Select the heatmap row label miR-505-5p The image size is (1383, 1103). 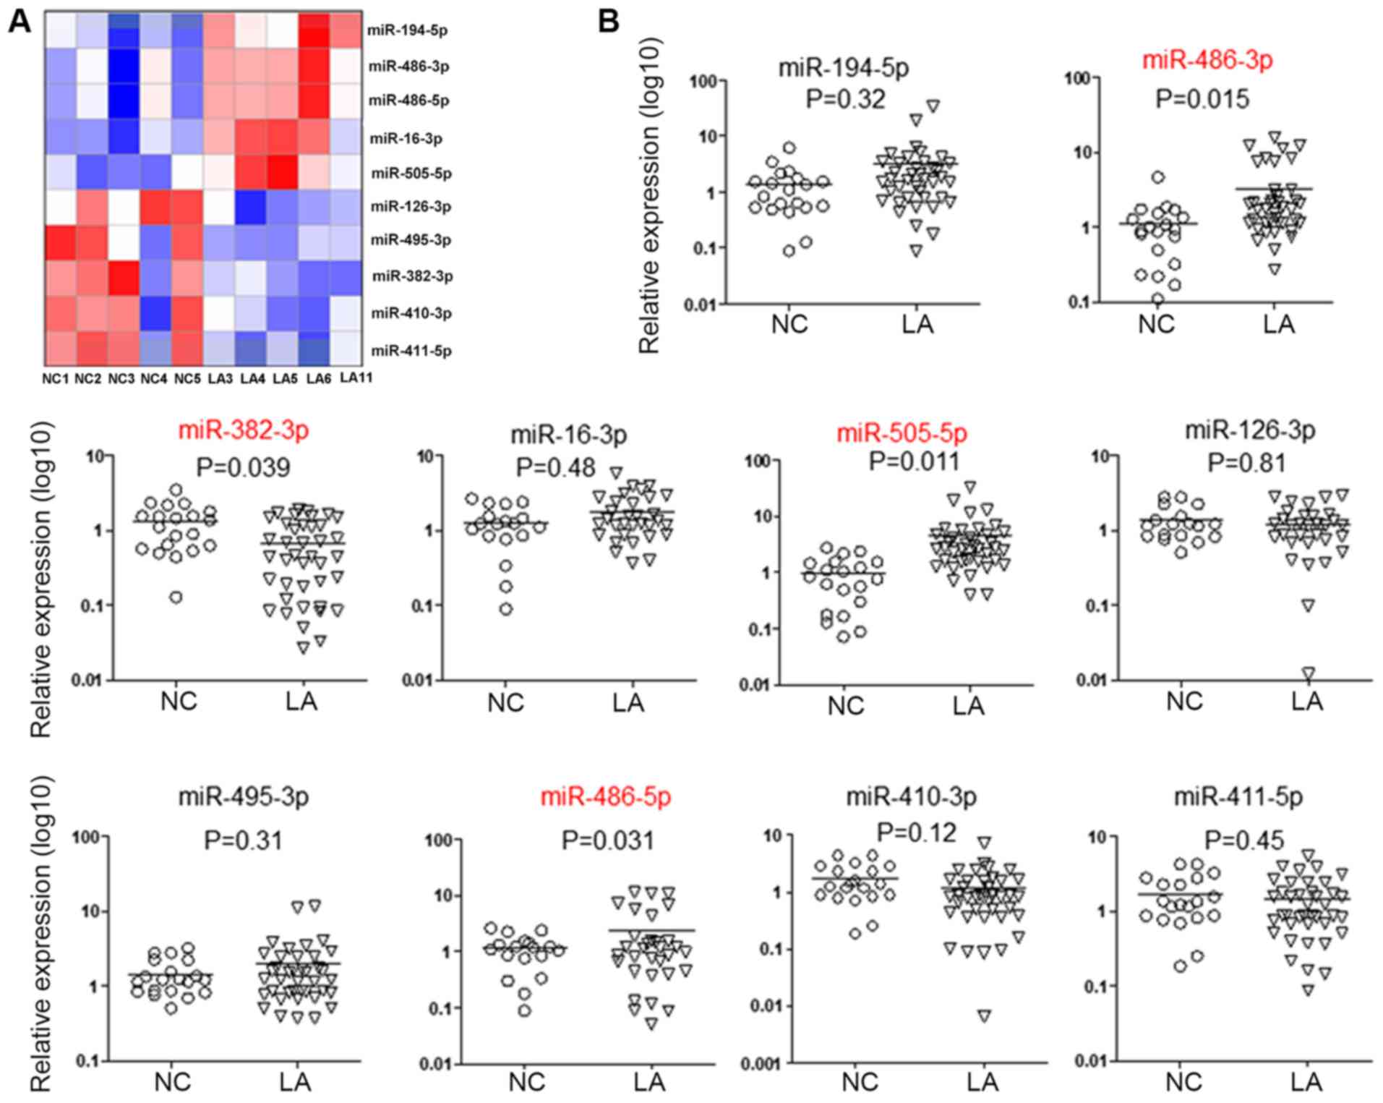(411, 174)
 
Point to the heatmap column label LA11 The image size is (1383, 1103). (356, 378)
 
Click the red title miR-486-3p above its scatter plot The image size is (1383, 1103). (1207, 61)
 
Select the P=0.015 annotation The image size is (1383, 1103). (1202, 99)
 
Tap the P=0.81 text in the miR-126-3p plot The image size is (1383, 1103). (1247, 462)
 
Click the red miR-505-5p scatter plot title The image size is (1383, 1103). (902, 433)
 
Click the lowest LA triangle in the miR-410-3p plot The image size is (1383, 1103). (985, 1016)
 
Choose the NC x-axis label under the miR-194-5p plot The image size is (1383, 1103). (789, 325)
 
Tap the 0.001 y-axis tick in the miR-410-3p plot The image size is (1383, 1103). (761, 1063)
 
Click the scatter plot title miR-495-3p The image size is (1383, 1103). (244, 797)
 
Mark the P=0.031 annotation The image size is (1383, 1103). (607, 840)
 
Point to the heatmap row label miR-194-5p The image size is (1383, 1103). (408, 30)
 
